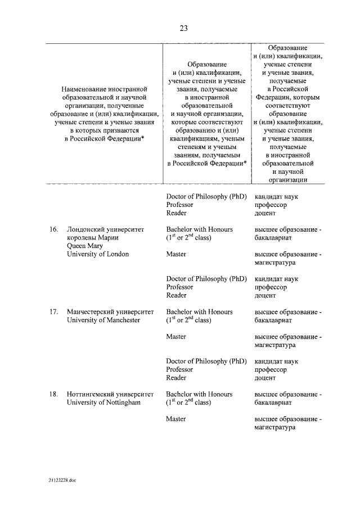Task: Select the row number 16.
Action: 53,230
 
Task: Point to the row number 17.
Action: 53,312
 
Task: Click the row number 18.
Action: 53,394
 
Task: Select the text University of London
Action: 97,254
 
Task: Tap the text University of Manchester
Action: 103,320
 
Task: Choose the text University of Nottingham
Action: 103,403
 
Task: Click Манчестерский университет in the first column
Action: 110,312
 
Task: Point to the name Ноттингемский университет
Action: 110,394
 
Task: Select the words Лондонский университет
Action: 105,230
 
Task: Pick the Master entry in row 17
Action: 177,336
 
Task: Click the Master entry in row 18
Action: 177,419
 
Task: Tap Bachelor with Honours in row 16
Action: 199,230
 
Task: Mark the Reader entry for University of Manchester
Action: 176,378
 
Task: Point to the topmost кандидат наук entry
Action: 276,197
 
